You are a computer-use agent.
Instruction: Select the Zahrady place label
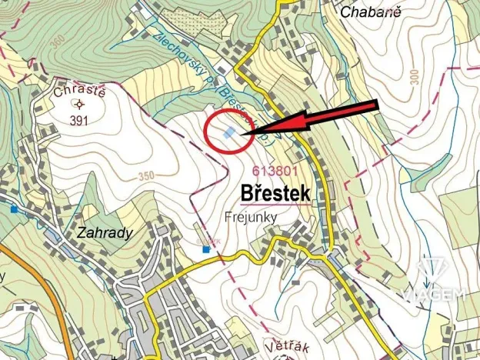point(105,232)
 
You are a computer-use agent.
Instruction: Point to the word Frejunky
point(252,217)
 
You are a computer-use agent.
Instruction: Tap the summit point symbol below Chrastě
point(78,105)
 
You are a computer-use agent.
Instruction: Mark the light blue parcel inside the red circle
point(229,133)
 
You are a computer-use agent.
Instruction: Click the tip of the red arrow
point(245,135)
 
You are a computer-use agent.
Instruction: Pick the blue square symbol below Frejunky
point(205,248)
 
